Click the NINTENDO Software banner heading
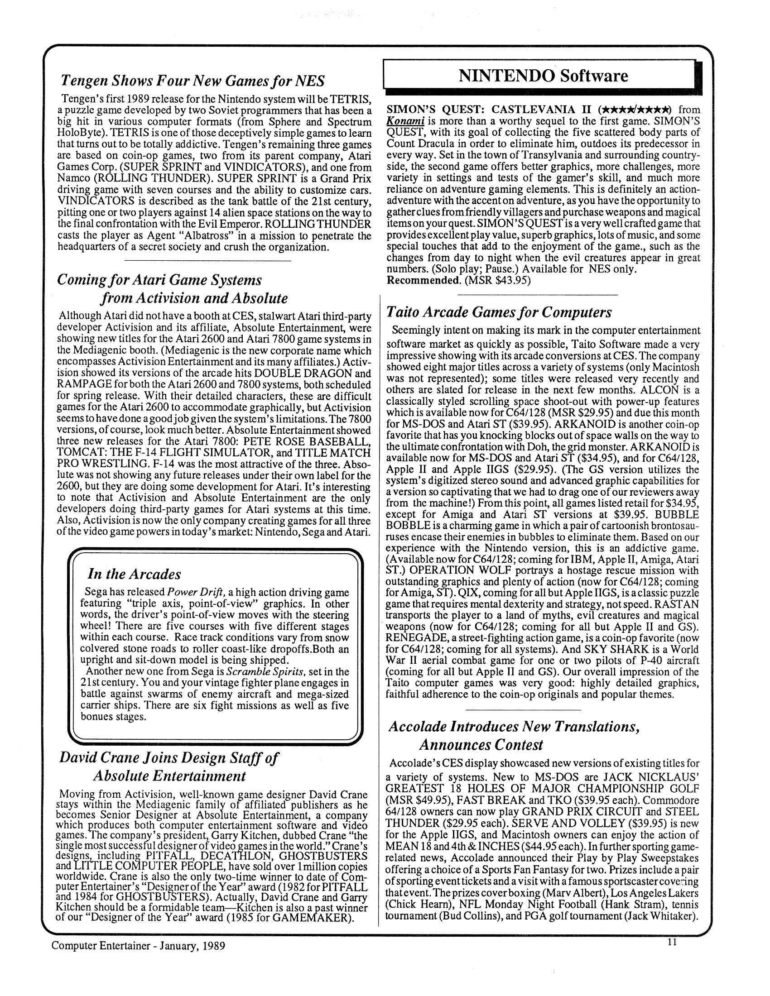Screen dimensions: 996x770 (x=543, y=76)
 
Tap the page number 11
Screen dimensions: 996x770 (x=671, y=942)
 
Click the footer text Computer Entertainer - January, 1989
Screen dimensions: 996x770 (x=138, y=946)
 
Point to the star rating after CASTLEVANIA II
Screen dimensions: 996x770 (x=636, y=110)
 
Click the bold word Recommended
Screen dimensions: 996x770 (x=423, y=280)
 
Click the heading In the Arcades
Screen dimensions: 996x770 (x=134, y=574)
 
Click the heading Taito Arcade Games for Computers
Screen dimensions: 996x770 (x=499, y=312)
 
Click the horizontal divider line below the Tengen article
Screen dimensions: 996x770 (x=207, y=260)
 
